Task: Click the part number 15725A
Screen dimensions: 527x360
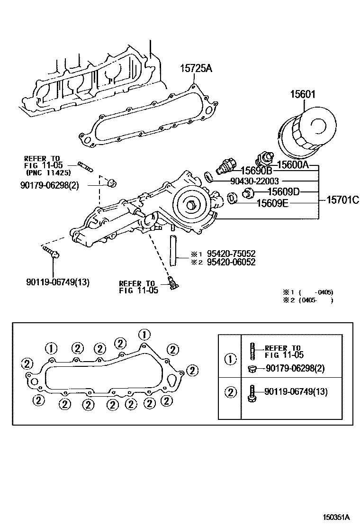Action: click(196, 69)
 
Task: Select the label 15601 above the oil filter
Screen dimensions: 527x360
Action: click(303, 94)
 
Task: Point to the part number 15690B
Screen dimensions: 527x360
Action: click(256, 171)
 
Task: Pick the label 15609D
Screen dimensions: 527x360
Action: click(284, 192)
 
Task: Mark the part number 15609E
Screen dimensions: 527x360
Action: click(273, 203)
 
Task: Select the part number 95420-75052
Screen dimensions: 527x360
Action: click(231, 254)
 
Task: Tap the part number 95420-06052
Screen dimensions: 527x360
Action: click(231, 262)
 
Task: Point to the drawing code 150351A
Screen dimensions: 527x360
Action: click(336, 517)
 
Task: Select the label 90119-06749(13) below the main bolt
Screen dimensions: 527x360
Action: click(58, 282)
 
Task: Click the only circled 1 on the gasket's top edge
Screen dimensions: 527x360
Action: click(145, 334)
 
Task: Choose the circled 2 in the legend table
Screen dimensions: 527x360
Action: click(230, 392)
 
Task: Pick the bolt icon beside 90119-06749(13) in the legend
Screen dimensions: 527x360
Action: click(252, 393)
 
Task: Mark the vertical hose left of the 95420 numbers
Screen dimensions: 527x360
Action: click(173, 249)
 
